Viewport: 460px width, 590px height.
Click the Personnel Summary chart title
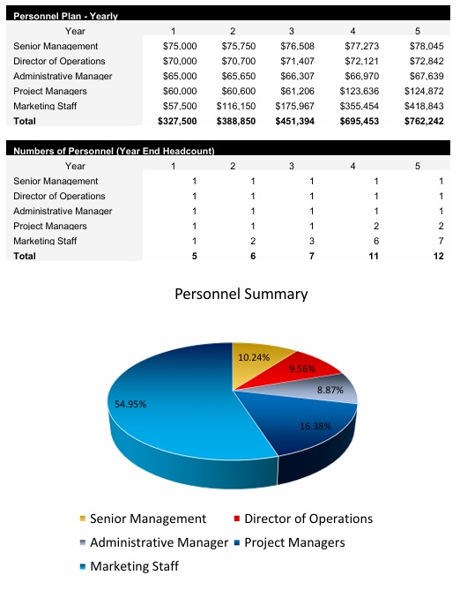(x=241, y=295)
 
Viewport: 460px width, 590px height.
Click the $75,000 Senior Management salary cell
(x=180, y=46)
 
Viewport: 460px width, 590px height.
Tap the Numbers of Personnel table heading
(x=114, y=151)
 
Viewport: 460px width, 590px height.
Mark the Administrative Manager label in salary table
(x=63, y=76)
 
